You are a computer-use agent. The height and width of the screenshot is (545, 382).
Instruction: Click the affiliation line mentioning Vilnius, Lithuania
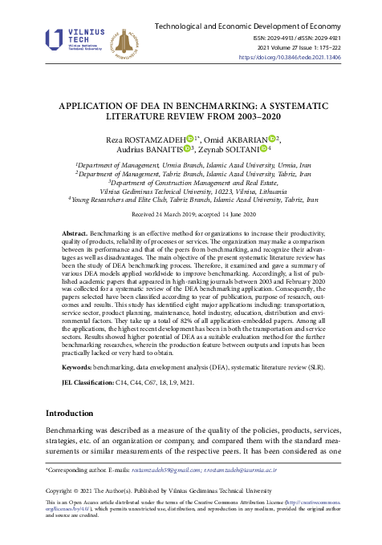(x=191, y=191)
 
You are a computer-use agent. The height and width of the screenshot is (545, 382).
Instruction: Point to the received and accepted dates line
(x=191, y=216)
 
